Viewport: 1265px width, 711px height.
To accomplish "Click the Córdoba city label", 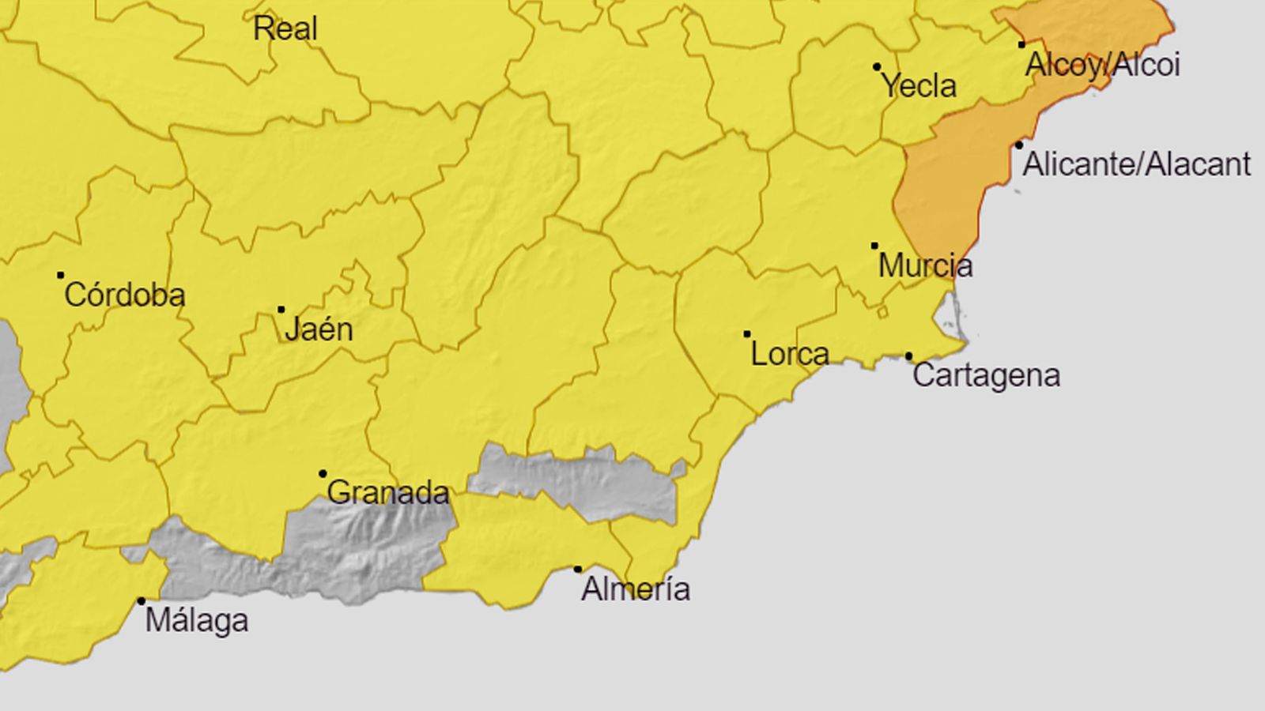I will [x=125, y=295].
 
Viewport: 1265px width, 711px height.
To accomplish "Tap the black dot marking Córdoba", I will [x=61, y=276].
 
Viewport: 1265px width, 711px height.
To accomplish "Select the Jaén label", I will [x=319, y=329].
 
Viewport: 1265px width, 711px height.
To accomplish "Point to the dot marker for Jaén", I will [x=281, y=310].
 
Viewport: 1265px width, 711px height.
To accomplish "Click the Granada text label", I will [x=387, y=493].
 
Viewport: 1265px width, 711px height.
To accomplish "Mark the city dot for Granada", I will [x=323, y=474].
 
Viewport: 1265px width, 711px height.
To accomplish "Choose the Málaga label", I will [x=197, y=621].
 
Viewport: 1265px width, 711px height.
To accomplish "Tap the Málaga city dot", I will [x=142, y=601].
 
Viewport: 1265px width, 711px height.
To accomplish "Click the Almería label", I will [x=636, y=589].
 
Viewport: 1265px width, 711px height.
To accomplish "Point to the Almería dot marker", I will [x=578, y=570].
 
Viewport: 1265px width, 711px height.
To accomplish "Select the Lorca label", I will [x=790, y=354].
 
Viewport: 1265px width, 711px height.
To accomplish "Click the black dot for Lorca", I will [x=747, y=334].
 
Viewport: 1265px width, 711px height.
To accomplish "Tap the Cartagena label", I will [x=986, y=375].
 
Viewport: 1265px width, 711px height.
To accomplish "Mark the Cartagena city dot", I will [x=909, y=356].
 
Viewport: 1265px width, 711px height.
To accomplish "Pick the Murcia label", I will [x=925, y=265].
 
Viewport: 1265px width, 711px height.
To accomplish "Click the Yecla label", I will [x=919, y=86].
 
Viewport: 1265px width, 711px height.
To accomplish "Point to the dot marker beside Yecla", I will [x=877, y=67].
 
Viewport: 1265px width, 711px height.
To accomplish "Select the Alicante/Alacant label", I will [x=1137, y=164].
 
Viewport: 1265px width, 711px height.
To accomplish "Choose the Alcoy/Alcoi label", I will [x=1102, y=65].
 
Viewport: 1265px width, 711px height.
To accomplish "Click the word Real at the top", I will [x=285, y=29].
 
